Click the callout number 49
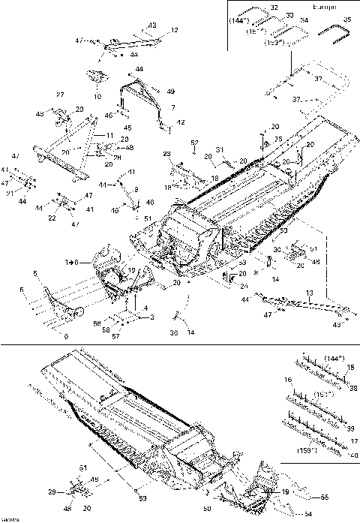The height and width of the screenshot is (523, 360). click(170, 92)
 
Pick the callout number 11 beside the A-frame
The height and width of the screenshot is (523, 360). click(109, 135)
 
